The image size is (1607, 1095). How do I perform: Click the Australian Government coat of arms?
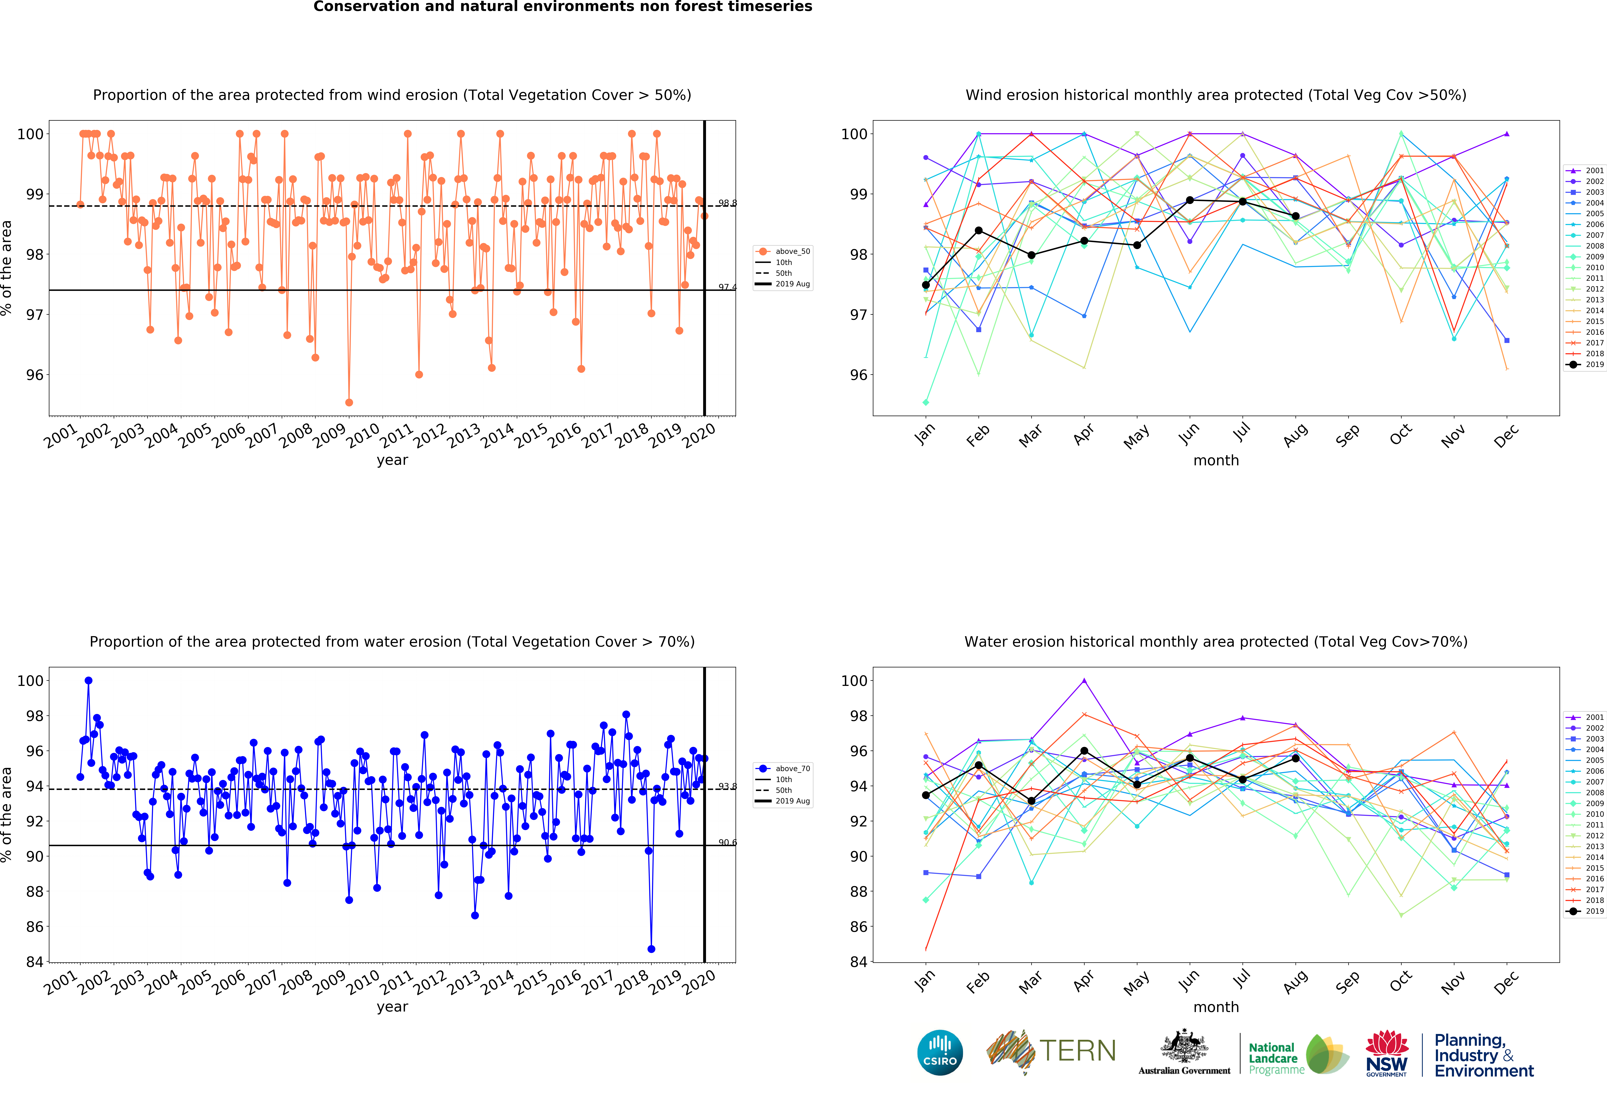pos(1185,1046)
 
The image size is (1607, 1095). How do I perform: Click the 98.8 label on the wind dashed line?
pos(727,203)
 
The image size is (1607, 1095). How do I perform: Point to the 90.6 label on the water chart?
pos(727,843)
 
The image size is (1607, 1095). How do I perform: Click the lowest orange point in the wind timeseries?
pos(349,402)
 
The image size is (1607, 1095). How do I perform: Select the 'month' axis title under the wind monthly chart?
pos(1216,460)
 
